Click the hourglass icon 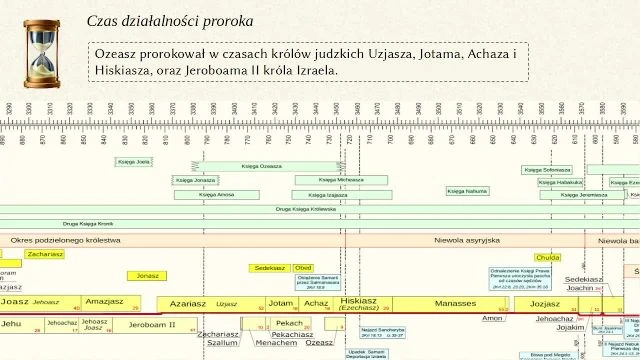click(x=42, y=48)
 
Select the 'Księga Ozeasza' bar click(x=263, y=166)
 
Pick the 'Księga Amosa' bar click(x=218, y=194)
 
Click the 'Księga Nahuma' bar click(x=468, y=190)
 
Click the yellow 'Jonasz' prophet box click(x=148, y=276)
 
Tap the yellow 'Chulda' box click(x=548, y=257)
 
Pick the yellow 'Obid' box click(x=303, y=268)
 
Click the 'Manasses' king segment click(x=455, y=303)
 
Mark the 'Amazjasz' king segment click(x=104, y=302)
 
